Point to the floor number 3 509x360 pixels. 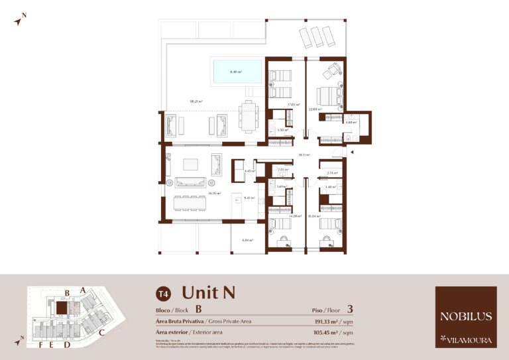tap(350, 308)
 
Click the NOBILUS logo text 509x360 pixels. tap(465, 316)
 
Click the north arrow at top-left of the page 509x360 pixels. tap(20, 20)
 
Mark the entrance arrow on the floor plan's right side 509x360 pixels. tap(352, 152)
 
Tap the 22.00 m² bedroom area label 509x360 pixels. tap(315, 109)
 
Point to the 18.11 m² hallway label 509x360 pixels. tap(304, 154)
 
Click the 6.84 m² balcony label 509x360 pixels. tap(247, 240)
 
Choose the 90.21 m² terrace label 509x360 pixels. tap(196, 101)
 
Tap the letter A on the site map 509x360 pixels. tap(82, 290)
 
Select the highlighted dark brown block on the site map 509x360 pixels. tap(61, 308)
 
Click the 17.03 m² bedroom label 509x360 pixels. tap(294, 105)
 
